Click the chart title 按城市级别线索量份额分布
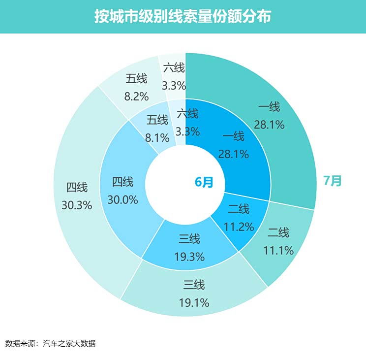point(183,17)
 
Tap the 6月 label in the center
point(204,182)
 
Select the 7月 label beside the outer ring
point(332,181)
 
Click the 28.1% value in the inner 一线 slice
point(234,154)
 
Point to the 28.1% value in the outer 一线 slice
point(269,125)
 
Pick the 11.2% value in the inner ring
point(239,227)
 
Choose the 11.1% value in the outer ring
point(278,251)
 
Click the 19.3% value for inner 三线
point(189,257)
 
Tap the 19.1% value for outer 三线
point(194,302)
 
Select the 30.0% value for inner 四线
point(122,200)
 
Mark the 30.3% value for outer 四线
point(77,205)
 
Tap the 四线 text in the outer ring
point(77,188)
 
